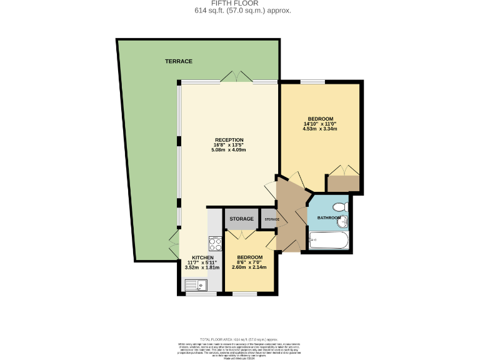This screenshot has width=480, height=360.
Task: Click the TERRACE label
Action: pyautogui.click(x=178, y=61)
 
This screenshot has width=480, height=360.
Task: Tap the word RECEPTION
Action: pyautogui.click(x=229, y=139)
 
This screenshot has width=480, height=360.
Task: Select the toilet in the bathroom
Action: pyautogui.click(x=339, y=207)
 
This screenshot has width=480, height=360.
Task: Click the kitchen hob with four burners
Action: pyautogui.click(x=214, y=243)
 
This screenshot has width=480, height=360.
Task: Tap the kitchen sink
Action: pyautogui.click(x=195, y=285)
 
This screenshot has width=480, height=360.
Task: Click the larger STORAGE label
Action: pyautogui.click(x=241, y=219)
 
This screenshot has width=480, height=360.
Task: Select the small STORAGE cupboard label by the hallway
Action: pyautogui.click(x=271, y=219)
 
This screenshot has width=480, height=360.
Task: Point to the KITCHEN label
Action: pyautogui.click(x=203, y=257)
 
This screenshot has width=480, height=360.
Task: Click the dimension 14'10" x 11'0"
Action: pyautogui.click(x=320, y=124)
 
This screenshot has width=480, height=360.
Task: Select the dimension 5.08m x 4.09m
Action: pyautogui.click(x=229, y=150)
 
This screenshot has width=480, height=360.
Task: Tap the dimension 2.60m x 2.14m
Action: pyautogui.click(x=249, y=267)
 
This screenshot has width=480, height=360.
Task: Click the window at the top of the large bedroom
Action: pyautogui.click(x=312, y=82)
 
